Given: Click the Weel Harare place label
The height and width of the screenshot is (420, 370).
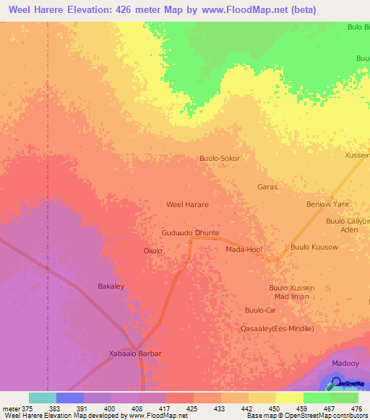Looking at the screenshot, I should pyautogui.click(x=187, y=205).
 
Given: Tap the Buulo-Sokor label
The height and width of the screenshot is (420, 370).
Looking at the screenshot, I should pyautogui.click(x=219, y=158).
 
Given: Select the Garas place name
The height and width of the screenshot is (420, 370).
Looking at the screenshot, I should pyautogui.click(x=267, y=187).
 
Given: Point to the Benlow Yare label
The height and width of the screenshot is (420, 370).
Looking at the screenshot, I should pyautogui.click(x=327, y=204).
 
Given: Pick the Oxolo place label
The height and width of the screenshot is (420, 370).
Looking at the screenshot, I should pyautogui.click(x=152, y=251).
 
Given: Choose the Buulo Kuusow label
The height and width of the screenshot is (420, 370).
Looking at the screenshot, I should pyautogui.click(x=314, y=248).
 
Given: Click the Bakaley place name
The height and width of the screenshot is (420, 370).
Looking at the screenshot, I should pyautogui.click(x=111, y=286).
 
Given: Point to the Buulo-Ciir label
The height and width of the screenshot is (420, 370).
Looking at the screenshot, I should pyautogui.click(x=260, y=310).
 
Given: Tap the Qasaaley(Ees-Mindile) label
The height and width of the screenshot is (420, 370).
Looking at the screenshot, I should pyautogui.click(x=277, y=328).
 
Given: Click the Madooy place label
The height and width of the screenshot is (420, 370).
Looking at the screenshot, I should pyautogui.click(x=345, y=364).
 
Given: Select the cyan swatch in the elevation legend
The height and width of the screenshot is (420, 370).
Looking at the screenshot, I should pyautogui.click(x=43, y=398).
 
